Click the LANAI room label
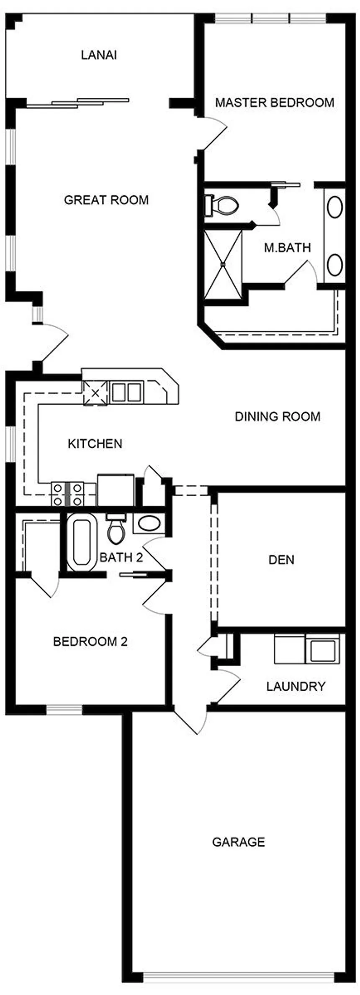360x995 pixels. (99, 55)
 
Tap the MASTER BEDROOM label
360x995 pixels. (275, 103)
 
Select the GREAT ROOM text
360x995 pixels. (106, 200)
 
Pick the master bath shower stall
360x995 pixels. (223, 264)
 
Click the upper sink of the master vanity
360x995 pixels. (334, 207)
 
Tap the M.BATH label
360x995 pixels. (287, 248)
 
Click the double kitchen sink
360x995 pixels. (126, 392)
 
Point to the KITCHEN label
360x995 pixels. (95, 444)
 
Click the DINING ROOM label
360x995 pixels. (278, 416)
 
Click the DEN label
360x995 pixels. (281, 559)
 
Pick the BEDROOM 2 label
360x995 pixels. (90, 641)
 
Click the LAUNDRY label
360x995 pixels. (296, 686)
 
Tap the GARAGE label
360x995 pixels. (239, 842)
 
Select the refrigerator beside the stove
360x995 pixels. (116, 490)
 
